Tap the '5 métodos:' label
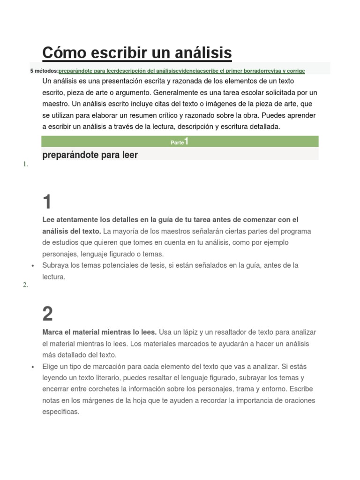(x=44, y=71)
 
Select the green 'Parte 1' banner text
(x=180, y=142)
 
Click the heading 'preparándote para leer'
(x=90, y=155)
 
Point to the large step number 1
(x=47, y=202)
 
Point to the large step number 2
(x=47, y=314)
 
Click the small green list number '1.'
(x=25, y=165)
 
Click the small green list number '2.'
(x=25, y=285)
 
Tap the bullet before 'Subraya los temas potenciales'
(x=33, y=266)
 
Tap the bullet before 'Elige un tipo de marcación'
(x=33, y=367)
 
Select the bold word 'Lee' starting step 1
(x=48, y=220)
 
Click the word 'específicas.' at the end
(x=61, y=412)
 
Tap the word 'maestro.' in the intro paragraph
(x=56, y=104)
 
